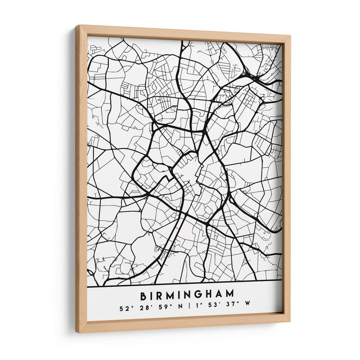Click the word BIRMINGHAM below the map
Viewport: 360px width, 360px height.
coord(187,296)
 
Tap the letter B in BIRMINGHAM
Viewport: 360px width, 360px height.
coord(144,297)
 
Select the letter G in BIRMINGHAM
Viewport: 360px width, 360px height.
coord(198,296)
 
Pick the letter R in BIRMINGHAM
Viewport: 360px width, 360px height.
coord(158,297)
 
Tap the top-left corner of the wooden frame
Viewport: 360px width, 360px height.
coord(77,26)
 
